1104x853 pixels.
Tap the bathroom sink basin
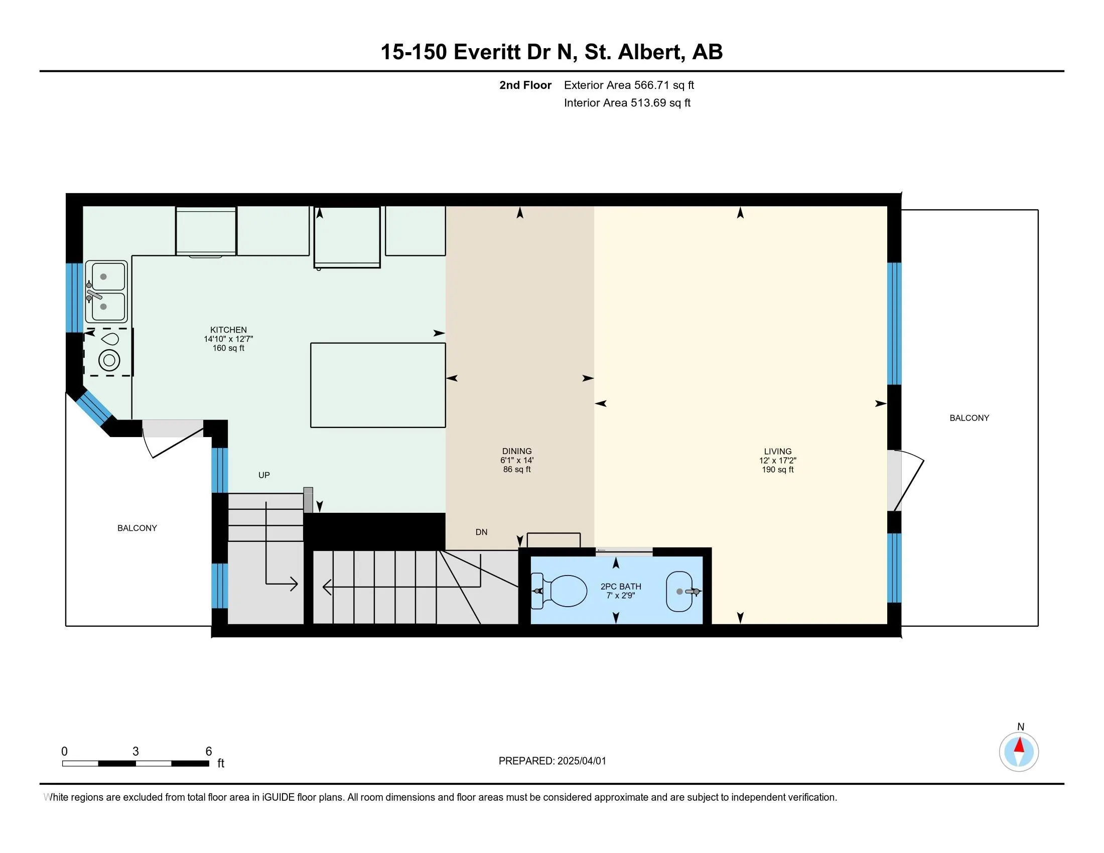(680, 591)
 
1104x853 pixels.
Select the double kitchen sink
(106, 292)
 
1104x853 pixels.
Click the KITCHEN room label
(228, 330)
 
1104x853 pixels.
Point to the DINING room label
(516, 451)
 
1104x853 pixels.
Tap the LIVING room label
(777, 451)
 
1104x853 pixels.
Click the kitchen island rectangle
(378, 385)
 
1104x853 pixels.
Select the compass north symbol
(1019, 752)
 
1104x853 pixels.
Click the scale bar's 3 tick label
(135, 752)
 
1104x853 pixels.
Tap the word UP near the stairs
(264, 475)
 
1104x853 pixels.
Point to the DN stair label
(481, 532)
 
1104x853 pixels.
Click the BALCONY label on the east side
(969, 418)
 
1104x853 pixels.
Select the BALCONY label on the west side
(137, 528)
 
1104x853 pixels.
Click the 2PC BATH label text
(621, 587)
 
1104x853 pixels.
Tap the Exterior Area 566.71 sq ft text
(629, 85)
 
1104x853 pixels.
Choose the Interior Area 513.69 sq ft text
(627, 103)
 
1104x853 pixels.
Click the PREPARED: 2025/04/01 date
(552, 761)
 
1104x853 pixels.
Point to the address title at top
(551, 52)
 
